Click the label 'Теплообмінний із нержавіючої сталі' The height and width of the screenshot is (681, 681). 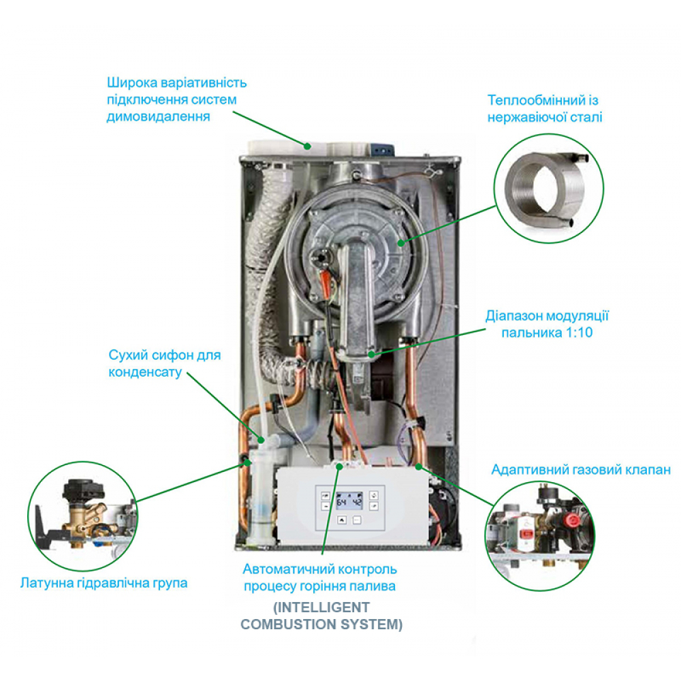pos(545,108)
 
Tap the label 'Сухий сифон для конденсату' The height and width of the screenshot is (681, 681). pos(165,364)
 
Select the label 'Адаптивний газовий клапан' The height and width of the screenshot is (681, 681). pos(581,470)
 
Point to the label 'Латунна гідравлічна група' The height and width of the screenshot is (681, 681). pos(104,583)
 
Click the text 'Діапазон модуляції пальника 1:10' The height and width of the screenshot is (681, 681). pos(546,324)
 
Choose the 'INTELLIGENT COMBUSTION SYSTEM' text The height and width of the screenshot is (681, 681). pos(322,615)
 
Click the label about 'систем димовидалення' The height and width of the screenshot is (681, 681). pos(176,99)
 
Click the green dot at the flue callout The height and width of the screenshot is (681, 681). pos(308,144)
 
